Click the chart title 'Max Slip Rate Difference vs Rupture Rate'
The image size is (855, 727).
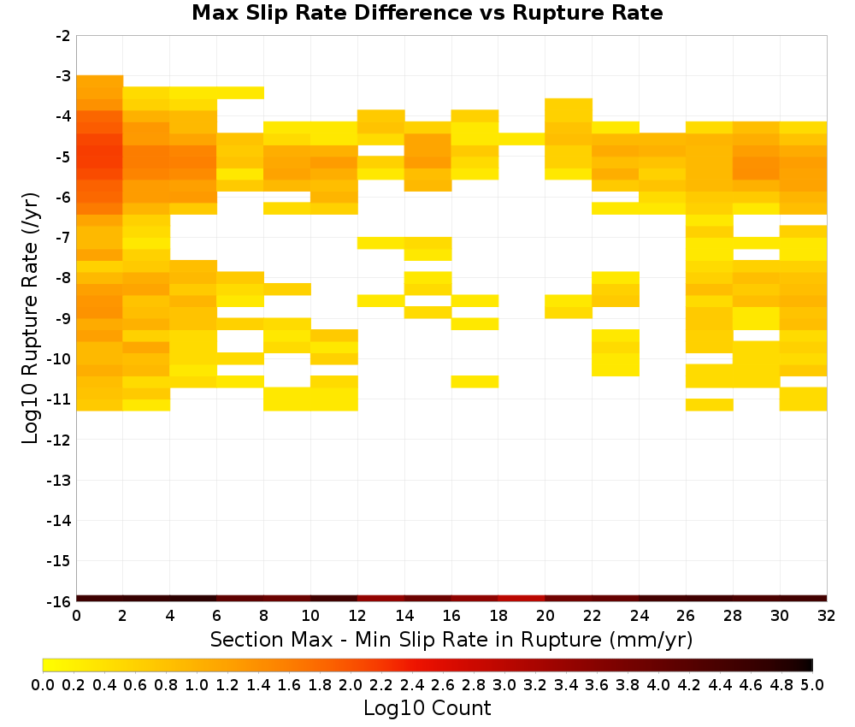427,13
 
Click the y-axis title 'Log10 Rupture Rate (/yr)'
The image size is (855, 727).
30,318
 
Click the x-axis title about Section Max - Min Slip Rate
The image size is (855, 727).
451,639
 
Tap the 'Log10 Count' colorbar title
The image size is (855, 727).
427,708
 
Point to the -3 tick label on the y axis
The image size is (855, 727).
63,76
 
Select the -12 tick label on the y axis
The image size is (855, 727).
59,440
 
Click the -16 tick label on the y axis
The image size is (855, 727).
59,601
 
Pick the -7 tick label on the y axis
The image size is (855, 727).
63,237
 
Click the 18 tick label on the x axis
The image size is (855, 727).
498,616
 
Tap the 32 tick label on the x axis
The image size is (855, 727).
827,616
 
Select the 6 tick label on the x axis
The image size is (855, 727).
216,616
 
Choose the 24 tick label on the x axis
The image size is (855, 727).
639,616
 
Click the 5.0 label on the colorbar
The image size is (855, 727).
812,684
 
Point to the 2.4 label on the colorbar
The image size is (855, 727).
412,684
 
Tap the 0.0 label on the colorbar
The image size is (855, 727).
43,684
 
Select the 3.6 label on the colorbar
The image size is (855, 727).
597,684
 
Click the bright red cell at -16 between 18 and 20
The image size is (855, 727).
522,599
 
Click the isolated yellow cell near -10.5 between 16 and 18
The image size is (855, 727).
475,381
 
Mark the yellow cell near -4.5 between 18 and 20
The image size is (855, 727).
522,139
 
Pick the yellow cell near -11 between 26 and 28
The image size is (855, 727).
710,405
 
